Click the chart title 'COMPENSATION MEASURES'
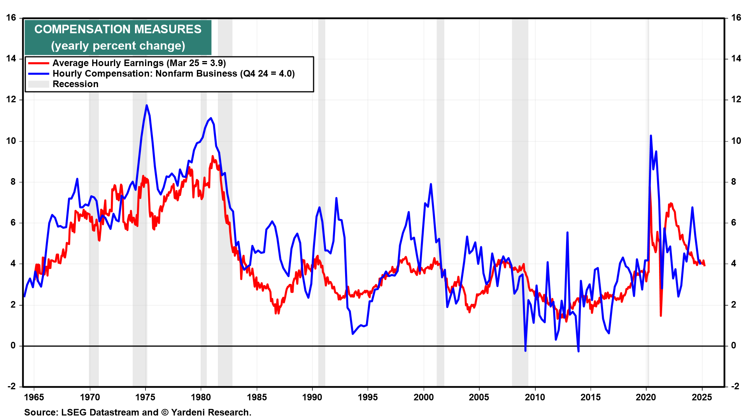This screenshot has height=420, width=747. pyautogui.click(x=118, y=29)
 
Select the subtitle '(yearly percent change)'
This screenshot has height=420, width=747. pyautogui.click(x=118, y=46)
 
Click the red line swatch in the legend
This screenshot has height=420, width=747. pyautogui.click(x=39, y=63)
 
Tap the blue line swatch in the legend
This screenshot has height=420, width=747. pyautogui.click(x=39, y=74)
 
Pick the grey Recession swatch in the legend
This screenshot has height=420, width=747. pyautogui.click(x=39, y=84)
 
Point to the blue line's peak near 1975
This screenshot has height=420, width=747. pyautogui.click(x=147, y=105)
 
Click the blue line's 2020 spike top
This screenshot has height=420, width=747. pyautogui.click(x=651, y=136)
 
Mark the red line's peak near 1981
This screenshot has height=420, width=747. pyautogui.click(x=212, y=156)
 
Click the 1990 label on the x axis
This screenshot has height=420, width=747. pyautogui.click(x=312, y=397)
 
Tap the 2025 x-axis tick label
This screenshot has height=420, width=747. pyautogui.click(x=702, y=397)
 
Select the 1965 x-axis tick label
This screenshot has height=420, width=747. pyautogui.click(x=34, y=397)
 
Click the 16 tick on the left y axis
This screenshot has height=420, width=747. pyautogui.click(x=11, y=18)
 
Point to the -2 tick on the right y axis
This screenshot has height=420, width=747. pyautogui.click(x=735, y=386)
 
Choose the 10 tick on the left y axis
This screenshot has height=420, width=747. pyautogui.click(x=11, y=141)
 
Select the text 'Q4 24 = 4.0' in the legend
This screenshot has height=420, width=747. pyautogui.click(x=267, y=74)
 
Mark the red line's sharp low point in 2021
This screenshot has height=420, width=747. pyautogui.click(x=661, y=315)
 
